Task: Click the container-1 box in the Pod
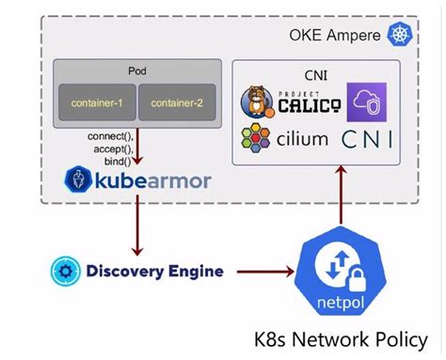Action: tap(97, 102)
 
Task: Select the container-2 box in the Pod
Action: tap(177, 102)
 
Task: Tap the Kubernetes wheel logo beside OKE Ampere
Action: tap(400, 34)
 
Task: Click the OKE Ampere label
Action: tap(335, 35)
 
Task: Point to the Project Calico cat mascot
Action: tap(257, 102)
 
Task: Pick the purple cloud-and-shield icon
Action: tap(367, 102)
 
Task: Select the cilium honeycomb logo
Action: tap(256, 138)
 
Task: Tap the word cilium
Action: tap(302, 139)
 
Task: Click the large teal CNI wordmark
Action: tap(367, 139)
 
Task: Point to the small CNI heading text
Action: tap(316, 75)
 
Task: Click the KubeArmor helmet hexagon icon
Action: tap(78, 180)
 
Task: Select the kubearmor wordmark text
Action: tap(153, 181)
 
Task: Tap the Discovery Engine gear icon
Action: tap(65, 271)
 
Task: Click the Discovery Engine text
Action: tap(154, 272)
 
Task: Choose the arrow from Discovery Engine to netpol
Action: tap(265, 272)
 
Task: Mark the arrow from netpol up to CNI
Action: tap(341, 195)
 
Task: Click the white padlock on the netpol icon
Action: tap(357, 280)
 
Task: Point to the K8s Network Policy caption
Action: tap(341, 339)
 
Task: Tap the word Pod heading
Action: tap(137, 70)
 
